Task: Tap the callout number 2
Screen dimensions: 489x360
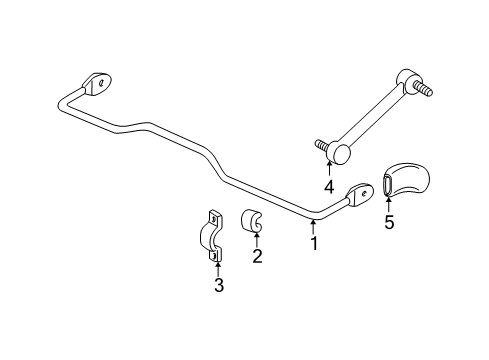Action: coord(257,256)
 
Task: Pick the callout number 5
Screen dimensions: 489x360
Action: coord(389,222)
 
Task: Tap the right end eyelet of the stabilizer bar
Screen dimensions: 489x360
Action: coord(361,192)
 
